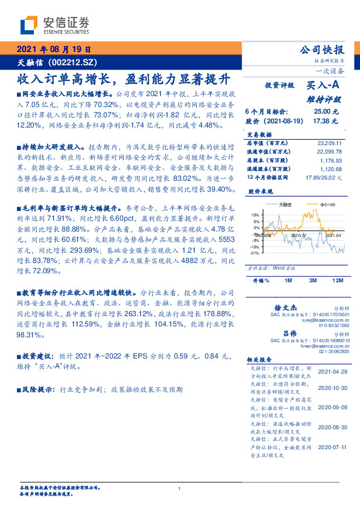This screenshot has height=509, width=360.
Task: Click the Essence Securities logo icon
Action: (x=30, y=25)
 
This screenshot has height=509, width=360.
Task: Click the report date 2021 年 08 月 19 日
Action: (x=54, y=50)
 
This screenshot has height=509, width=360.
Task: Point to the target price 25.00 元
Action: (x=321, y=112)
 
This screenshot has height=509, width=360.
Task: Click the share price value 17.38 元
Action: (x=321, y=122)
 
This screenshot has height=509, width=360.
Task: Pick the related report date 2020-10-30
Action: (x=332, y=387)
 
